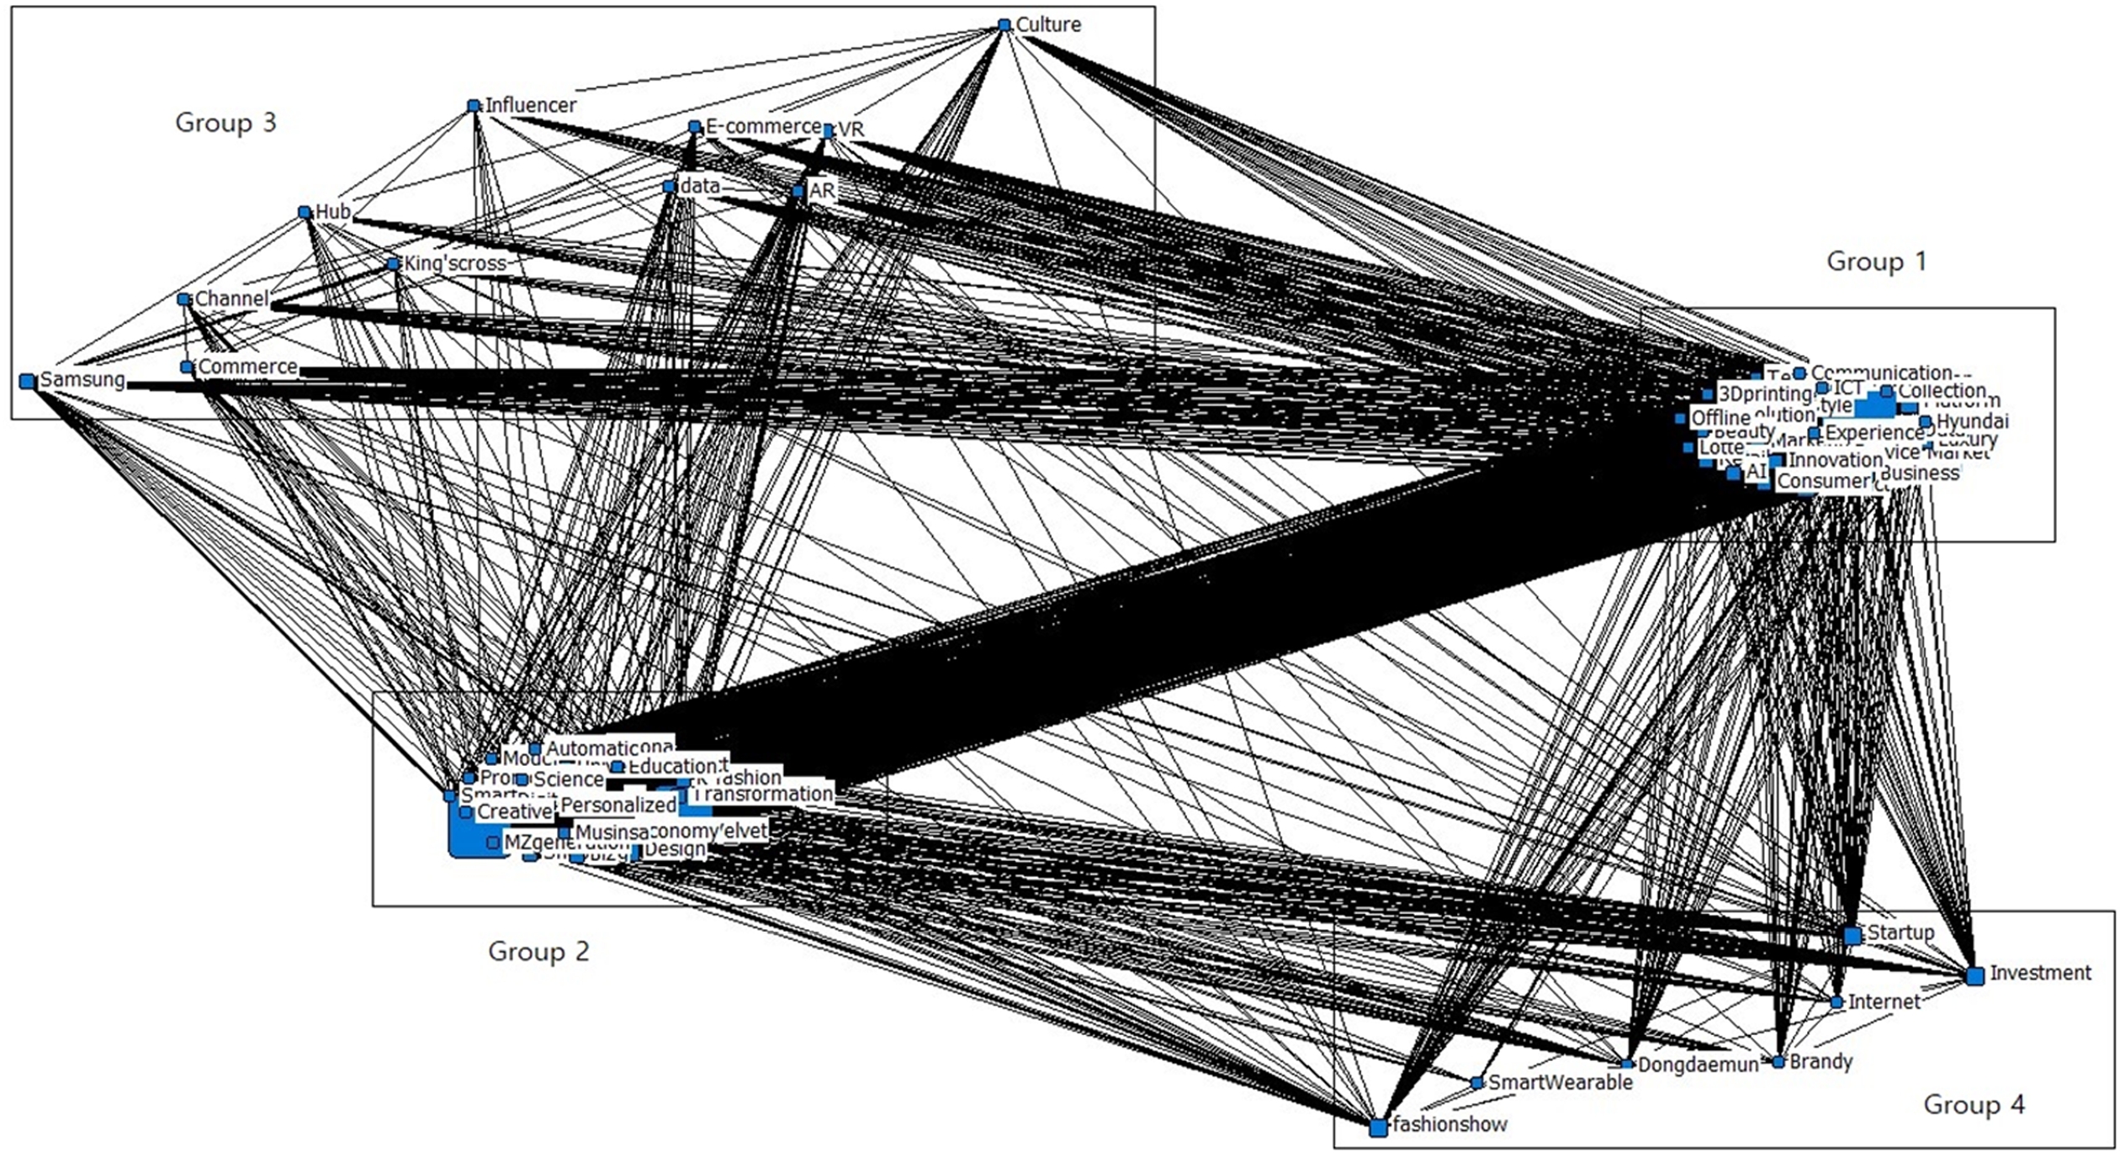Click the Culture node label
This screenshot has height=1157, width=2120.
[x=1048, y=24]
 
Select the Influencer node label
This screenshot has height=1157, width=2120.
[x=531, y=105]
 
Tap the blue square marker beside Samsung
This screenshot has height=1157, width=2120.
[x=28, y=382]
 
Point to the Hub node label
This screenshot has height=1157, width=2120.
[x=333, y=212]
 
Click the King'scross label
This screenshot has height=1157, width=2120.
[x=455, y=264]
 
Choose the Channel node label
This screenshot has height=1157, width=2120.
[x=232, y=298]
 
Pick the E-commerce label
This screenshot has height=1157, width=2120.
[x=763, y=126]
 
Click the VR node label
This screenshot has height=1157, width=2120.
[x=851, y=130]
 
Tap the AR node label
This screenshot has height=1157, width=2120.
[x=821, y=191]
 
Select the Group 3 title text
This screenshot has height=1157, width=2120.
[x=225, y=123]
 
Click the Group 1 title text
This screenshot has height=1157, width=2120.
[x=1876, y=262]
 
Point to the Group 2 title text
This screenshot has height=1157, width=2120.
[x=538, y=951]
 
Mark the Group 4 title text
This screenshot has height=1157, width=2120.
[x=1974, y=1104]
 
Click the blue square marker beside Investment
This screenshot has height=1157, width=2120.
[x=1974, y=975]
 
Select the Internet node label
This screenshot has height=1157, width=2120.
[x=1884, y=1001]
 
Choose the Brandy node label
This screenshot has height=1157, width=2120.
[x=1821, y=1061]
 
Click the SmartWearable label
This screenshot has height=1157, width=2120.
[x=1560, y=1082]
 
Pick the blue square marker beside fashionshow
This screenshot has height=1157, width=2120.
[x=1378, y=1128]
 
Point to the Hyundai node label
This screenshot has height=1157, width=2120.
[x=1972, y=421]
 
